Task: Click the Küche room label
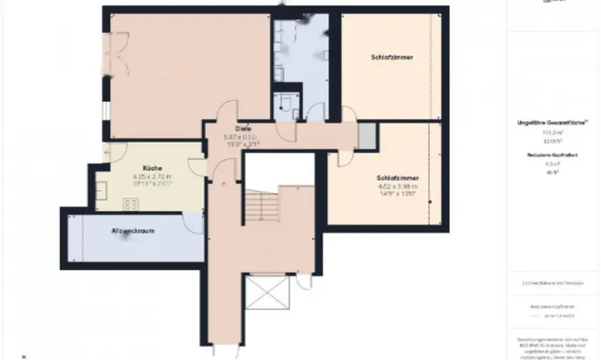(x=139, y=169)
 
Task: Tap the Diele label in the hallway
(x=244, y=128)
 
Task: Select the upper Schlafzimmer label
(x=393, y=57)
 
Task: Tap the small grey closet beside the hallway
(x=366, y=135)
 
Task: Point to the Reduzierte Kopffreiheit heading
(x=551, y=156)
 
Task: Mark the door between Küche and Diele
(x=197, y=159)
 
